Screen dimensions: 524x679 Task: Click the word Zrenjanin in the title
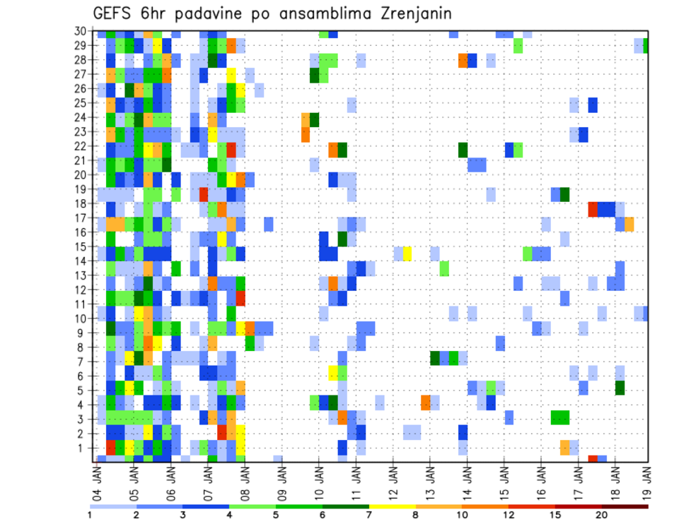click(406, 13)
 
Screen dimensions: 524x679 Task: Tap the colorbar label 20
click(602, 515)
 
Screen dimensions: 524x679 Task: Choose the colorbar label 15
click(555, 515)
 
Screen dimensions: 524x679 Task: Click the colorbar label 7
click(368, 515)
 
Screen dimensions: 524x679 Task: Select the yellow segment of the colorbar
click(392, 506)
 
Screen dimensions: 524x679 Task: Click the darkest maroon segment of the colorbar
click(625, 506)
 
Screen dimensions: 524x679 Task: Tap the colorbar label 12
click(509, 515)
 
